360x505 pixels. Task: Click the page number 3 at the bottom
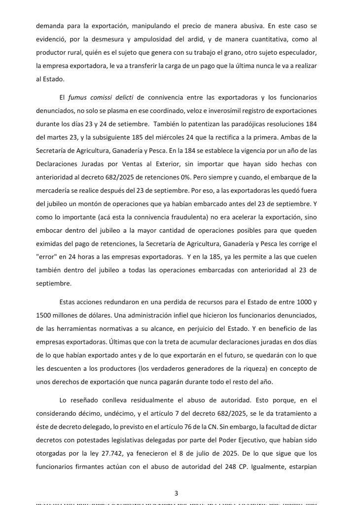(x=176, y=493)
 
